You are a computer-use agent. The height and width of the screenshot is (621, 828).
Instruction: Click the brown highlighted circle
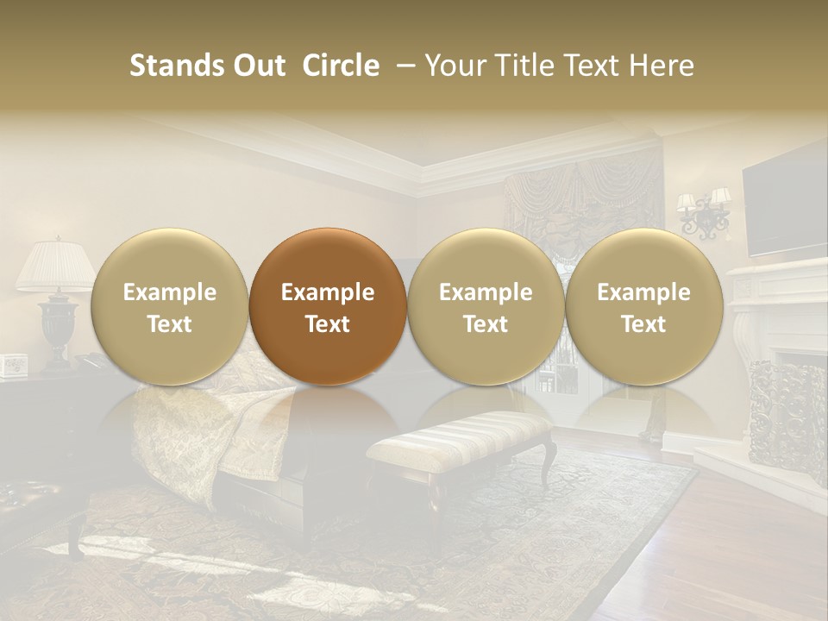click(x=328, y=306)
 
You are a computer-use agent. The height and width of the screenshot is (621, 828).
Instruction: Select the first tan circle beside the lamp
click(x=169, y=306)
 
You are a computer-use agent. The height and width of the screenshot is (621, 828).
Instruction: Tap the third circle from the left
click(x=486, y=306)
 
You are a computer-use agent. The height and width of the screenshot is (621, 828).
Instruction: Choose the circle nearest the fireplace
click(x=643, y=306)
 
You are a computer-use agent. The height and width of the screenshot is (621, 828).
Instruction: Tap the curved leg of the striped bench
click(x=549, y=461)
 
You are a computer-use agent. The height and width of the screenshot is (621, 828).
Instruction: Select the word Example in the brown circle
click(x=328, y=292)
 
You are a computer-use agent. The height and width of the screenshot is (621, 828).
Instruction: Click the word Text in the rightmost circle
click(x=643, y=324)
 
